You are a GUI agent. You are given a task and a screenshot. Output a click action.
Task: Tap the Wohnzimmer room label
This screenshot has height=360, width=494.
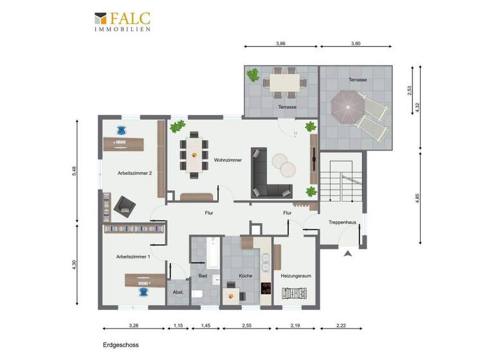coord(228,160)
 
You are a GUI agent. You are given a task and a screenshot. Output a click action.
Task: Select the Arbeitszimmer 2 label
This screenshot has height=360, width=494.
coord(134,172)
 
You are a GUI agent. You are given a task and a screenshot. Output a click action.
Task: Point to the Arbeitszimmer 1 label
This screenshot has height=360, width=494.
coord(133,256)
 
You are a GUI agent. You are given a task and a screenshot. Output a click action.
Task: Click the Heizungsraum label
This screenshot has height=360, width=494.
coord(296,276)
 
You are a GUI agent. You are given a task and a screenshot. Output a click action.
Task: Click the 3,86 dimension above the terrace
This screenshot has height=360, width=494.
coord(280,44)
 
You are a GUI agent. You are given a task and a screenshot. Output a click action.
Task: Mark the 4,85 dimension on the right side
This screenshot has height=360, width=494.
coord(419,198)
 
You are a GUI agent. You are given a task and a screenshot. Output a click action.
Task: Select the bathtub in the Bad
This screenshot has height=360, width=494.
coord(212,253)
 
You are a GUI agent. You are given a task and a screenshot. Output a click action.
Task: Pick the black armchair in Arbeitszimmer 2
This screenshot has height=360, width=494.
coord(124,206)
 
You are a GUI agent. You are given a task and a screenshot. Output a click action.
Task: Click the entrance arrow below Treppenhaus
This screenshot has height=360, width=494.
coord(348,254)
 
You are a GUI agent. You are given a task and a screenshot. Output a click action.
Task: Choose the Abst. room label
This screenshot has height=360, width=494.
coord(178,292)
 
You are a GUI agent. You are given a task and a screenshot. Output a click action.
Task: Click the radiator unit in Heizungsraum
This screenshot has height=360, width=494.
coord(297,294)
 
